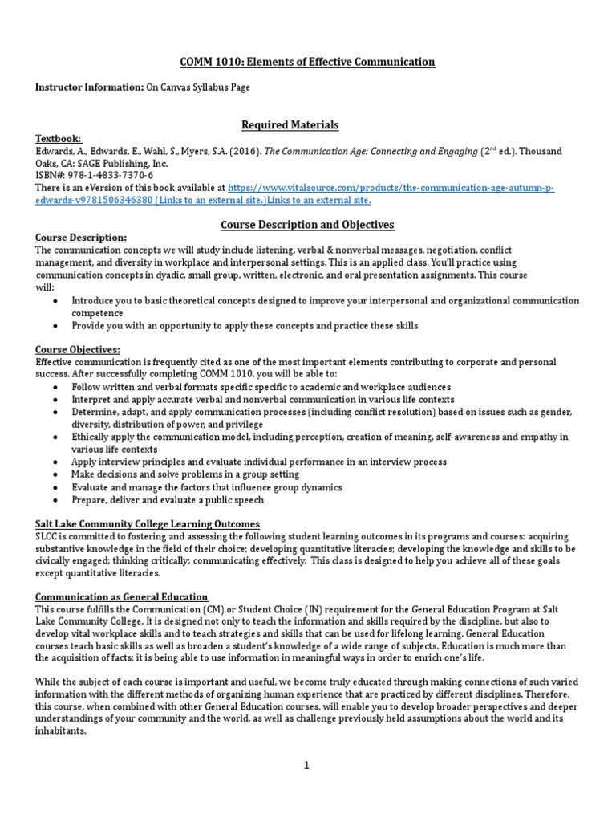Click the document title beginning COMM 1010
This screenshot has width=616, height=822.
pyautogui.click(x=307, y=62)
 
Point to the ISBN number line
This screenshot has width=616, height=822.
pyautogui.click(x=95, y=175)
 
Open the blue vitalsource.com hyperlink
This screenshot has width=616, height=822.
pyautogui.click(x=391, y=187)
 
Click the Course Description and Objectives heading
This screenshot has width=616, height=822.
pyautogui.click(x=307, y=224)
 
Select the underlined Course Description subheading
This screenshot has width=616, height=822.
pyautogui.click(x=80, y=238)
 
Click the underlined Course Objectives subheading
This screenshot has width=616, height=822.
pyautogui.click(x=78, y=350)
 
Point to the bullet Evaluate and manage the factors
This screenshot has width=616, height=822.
pyautogui.click(x=207, y=487)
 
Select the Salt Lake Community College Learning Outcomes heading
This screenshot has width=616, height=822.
pyautogui.click(x=147, y=524)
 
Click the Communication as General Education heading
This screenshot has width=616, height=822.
pyautogui.click(x=121, y=597)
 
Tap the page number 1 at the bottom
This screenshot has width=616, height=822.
pyautogui.click(x=306, y=766)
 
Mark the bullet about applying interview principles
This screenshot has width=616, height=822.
pyautogui.click(x=259, y=462)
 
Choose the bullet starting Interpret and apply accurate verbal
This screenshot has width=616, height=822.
pyautogui.click(x=263, y=400)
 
